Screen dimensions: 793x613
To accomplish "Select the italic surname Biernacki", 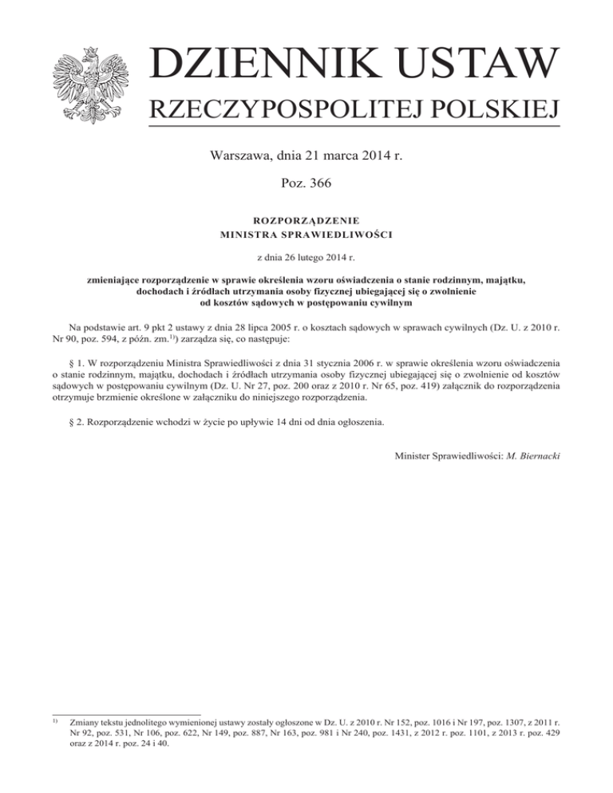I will click(x=535, y=456).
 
